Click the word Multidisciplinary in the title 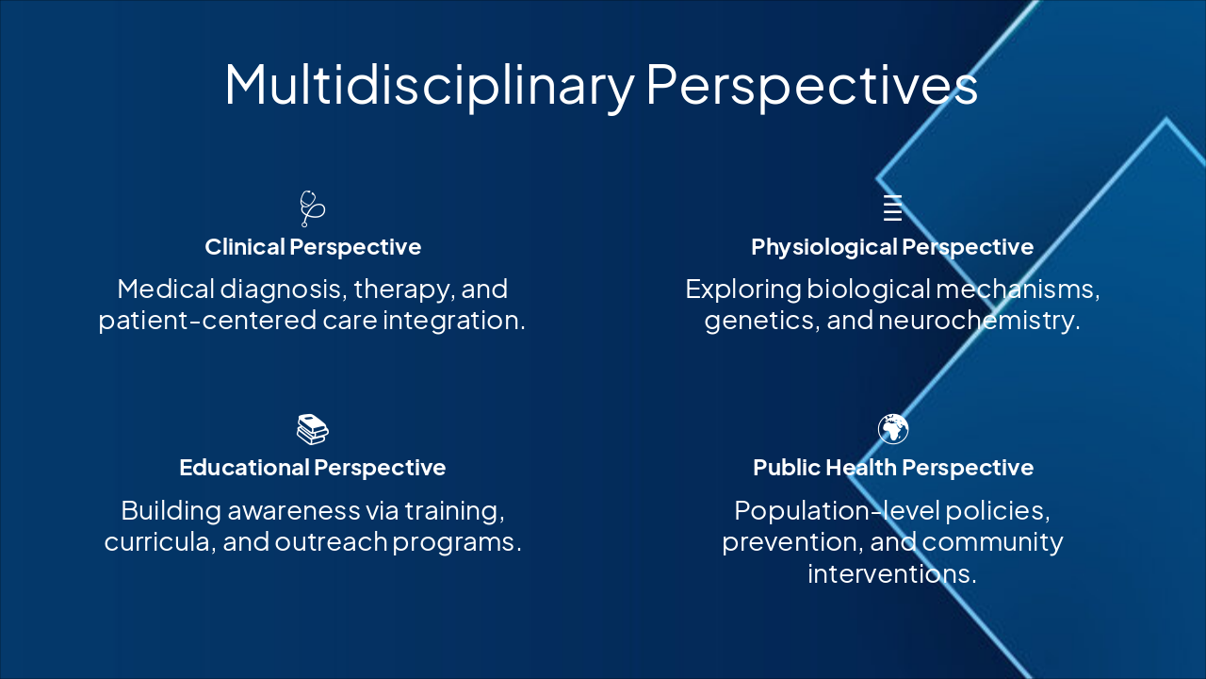click(430, 86)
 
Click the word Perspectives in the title click(812, 86)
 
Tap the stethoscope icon click(312, 208)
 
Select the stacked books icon click(312, 429)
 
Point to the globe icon click(892, 429)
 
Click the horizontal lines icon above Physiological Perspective click(892, 208)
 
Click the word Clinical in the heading click(245, 247)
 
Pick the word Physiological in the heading click(823, 248)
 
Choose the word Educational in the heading click(244, 467)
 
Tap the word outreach click(331, 541)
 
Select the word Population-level click(837, 511)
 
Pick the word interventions click(892, 573)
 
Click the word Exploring click(743, 290)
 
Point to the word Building click(171, 511)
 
